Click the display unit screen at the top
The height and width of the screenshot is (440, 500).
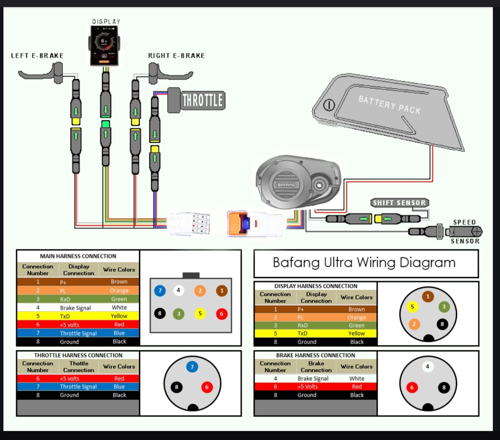[104, 45]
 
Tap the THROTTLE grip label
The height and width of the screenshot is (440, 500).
[202, 100]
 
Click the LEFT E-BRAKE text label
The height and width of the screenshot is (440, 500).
[37, 56]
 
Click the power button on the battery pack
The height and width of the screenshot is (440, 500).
[329, 105]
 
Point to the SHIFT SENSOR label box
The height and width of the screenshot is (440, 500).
[399, 203]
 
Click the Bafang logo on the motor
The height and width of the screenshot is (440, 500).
[286, 185]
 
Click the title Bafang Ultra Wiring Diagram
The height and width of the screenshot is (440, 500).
[364, 263]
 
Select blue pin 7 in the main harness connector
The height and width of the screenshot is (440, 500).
[160, 291]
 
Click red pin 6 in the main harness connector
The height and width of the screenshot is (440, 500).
[221, 314]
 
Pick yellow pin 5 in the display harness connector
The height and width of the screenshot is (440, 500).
[412, 306]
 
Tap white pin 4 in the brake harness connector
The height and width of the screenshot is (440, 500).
[427, 366]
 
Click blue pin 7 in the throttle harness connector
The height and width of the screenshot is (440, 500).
[192, 366]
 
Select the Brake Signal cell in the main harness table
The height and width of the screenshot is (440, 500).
[75, 308]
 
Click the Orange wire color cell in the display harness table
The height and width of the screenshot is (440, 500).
[356, 317]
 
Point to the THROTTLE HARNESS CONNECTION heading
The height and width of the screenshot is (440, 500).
[78, 355]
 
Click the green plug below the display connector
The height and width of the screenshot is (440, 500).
[106, 124]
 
